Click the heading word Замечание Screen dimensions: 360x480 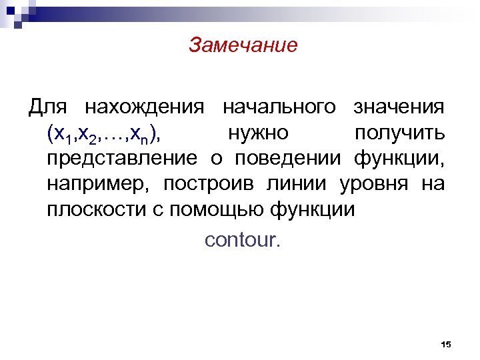tap(243, 45)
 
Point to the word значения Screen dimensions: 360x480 tap(399, 107)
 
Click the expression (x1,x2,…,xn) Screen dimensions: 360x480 tap(103, 134)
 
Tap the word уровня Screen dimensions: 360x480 tap(377, 183)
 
